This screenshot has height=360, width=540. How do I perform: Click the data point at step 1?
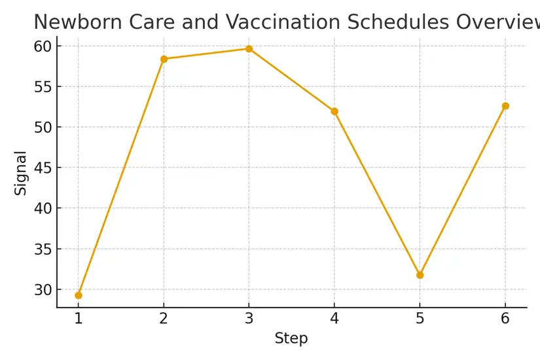(79, 295)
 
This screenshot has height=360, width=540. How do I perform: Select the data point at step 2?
(164, 59)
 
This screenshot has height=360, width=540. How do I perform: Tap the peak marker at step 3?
(249, 48)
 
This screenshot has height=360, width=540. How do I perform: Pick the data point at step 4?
(334, 111)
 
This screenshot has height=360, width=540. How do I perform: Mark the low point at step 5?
(420, 275)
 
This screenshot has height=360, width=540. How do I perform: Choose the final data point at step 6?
(505, 106)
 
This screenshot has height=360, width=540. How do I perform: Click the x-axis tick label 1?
(79, 319)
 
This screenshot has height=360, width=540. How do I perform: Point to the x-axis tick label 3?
(249, 319)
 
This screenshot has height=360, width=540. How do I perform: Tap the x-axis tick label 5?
(420, 319)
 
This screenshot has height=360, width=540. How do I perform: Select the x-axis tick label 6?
(505, 319)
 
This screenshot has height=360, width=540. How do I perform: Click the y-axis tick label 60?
(43, 46)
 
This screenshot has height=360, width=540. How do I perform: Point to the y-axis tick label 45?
(43, 168)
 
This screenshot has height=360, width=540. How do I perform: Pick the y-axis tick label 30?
(43, 290)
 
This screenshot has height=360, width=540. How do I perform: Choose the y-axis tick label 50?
(43, 128)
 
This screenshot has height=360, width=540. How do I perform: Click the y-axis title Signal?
(21, 173)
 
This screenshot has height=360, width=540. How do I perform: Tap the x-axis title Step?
(291, 339)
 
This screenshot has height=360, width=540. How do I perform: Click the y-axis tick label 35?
(43, 249)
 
